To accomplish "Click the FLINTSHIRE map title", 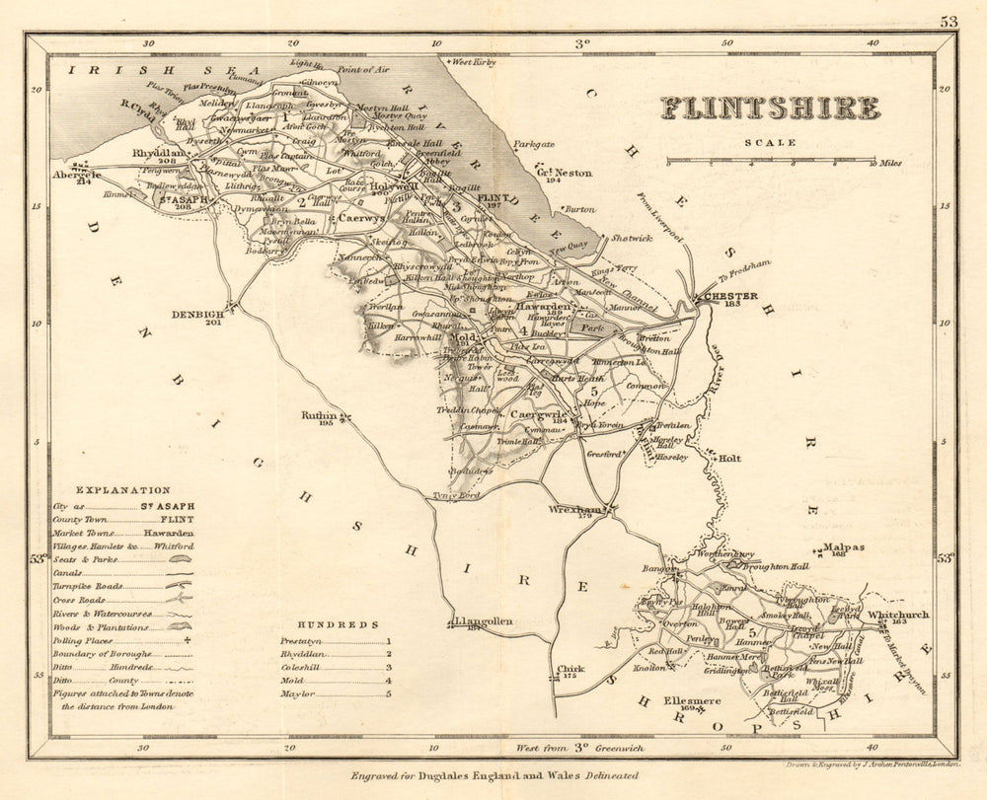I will pyautogui.click(x=769, y=108).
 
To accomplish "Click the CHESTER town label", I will pyautogui.click(x=731, y=296).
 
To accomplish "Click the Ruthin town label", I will pyautogui.click(x=320, y=416).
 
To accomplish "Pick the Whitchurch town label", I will pyautogui.click(x=897, y=616).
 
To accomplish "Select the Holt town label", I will pyautogui.click(x=728, y=458).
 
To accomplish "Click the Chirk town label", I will pyautogui.click(x=570, y=669).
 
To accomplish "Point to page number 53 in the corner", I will pyautogui.click(x=949, y=20).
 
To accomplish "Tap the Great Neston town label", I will pyautogui.click(x=563, y=173).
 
